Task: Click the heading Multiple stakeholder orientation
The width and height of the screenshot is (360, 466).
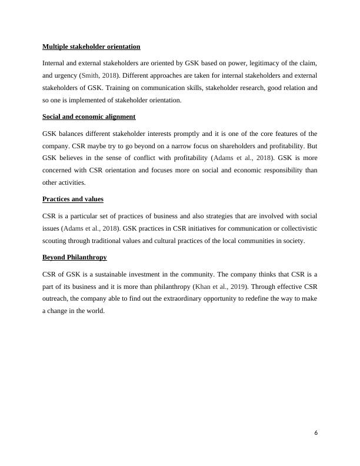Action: coord(91,46)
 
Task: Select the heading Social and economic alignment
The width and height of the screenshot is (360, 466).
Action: coord(89,116)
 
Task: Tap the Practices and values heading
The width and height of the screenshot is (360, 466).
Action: coord(73,199)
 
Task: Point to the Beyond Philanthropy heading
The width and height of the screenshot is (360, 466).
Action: coord(75,257)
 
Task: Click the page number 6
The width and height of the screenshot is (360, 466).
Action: coord(316,433)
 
